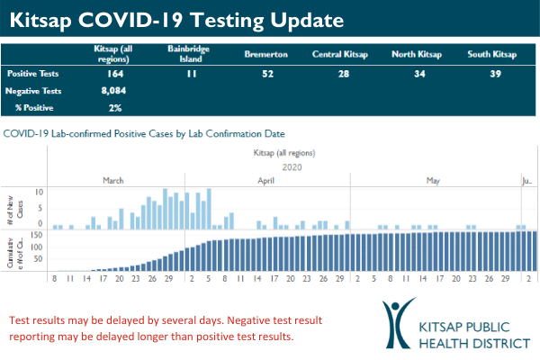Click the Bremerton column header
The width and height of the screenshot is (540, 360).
tap(265, 54)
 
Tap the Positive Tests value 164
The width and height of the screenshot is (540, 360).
tap(112, 74)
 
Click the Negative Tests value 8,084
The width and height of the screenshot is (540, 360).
tap(112, 91)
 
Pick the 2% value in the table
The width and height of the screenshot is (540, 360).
tap(112, 107)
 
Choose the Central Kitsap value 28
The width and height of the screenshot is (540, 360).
tap(342, 74)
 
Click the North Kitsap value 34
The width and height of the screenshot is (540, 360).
tap(419, 74)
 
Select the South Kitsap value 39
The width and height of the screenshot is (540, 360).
tap(495, 74)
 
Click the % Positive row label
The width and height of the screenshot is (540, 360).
tap(31, 107)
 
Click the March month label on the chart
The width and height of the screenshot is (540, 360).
tap(113, 180)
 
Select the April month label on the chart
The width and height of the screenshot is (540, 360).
tap(266, 180)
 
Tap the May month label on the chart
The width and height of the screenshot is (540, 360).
tap(433, 180)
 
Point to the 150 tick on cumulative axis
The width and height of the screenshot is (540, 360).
tap(38, 235)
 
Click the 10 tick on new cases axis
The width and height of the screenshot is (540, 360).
tap(40, 192)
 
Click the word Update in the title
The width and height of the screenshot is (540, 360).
tap(303, 19)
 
